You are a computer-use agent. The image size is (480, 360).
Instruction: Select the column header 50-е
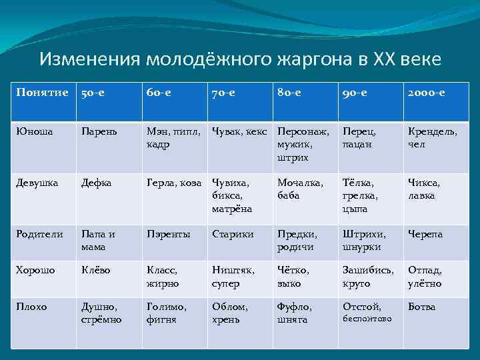pyautogui.click(x=93, y=93)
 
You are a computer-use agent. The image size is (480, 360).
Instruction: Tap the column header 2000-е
pyautogui.click(x=427, y=93)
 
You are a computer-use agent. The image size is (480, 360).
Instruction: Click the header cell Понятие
pyautogui.click(x=41, y=93)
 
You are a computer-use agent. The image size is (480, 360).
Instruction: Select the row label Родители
pyautogui.click(x=39, y=234)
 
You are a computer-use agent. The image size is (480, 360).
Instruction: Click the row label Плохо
pyautogui.click(x=32, y=307)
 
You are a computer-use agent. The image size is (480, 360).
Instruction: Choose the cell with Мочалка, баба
pyautogui.click(x=300, y=188)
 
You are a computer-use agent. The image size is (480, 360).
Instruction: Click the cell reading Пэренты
pyautogui.click(x=168, y=234)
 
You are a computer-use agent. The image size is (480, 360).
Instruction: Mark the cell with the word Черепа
pyautogui.click(x=425, y=234)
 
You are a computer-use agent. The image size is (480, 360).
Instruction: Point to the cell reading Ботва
pyautogui.click(x=421, y=307)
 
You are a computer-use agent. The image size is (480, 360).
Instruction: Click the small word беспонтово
pyautogui.click(x=367, y=319)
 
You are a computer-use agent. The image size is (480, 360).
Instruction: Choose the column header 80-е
pyautogui.click(x=290, y=93)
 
